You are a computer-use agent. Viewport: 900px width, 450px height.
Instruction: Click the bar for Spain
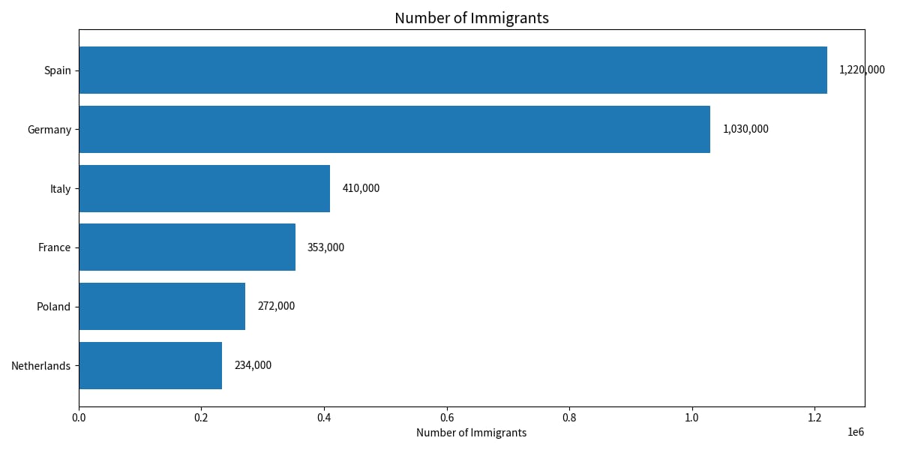(x=453, y=70)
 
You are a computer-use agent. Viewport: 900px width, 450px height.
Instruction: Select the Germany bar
(x=394, y=129)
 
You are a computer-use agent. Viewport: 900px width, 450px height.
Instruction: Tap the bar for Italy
(x=205, y=188)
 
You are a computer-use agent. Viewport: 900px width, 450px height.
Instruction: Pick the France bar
(x=187, y=247)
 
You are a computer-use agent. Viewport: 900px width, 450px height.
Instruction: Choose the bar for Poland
(x=162, y=306)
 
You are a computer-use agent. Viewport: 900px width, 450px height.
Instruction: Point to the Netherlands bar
(x=151, y=366)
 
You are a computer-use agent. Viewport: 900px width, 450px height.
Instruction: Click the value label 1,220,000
(x=862, y=70)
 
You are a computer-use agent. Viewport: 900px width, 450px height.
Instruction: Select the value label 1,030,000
(x=745, y=129)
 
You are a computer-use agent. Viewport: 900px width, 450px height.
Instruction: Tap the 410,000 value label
(x=361, y=188)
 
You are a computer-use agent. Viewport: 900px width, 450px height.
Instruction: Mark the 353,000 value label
(x=325, y=247)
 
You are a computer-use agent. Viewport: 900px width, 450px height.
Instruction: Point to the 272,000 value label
(x=276, y=306)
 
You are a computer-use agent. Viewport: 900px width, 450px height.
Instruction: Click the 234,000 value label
(x=253, y=365)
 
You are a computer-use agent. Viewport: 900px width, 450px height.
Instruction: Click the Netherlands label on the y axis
(x=40, y=366)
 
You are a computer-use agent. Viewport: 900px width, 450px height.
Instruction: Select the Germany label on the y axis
(x=49, y=130)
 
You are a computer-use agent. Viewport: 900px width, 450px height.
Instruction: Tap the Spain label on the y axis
(x=58, y=70)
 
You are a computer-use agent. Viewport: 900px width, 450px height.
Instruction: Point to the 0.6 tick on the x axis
(x=447, y=418)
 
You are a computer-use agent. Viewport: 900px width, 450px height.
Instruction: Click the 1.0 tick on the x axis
(x=691, y=418)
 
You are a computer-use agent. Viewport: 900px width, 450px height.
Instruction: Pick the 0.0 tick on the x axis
(x=79, y=418)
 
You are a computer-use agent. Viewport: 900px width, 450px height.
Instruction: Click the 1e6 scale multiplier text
(x=856, y=432)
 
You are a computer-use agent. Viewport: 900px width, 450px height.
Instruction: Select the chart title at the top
(x=472, y=18)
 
